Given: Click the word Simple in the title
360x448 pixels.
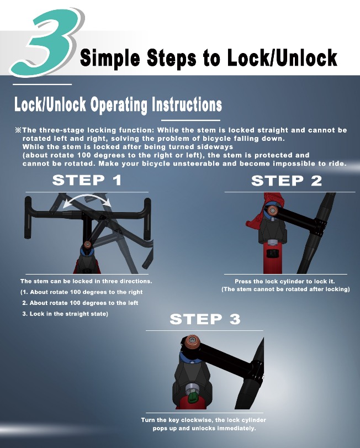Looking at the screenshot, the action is coord(110,57).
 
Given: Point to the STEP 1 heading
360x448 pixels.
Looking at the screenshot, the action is coord(87,180).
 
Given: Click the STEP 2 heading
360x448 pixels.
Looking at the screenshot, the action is coord(287,181).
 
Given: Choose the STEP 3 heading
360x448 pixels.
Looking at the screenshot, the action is coord(205,319).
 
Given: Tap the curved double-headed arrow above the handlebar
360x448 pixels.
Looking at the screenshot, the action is coord(87,197).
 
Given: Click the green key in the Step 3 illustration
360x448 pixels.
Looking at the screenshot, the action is coord(192,397).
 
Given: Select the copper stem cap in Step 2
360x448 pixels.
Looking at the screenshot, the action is coord(272,211).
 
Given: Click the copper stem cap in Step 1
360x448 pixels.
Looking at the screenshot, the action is coord(87,244).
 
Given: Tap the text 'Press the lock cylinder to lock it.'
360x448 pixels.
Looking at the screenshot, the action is coord(284,281).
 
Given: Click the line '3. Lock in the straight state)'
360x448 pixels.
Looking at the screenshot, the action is coord(65,314).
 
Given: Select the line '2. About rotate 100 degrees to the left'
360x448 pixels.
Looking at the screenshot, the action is coord(80,303).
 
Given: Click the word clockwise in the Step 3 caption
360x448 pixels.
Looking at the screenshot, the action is coord(197,420).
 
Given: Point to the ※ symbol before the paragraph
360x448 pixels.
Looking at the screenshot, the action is coord(18,130).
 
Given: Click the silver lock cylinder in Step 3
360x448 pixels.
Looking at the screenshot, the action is coord(191,388).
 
